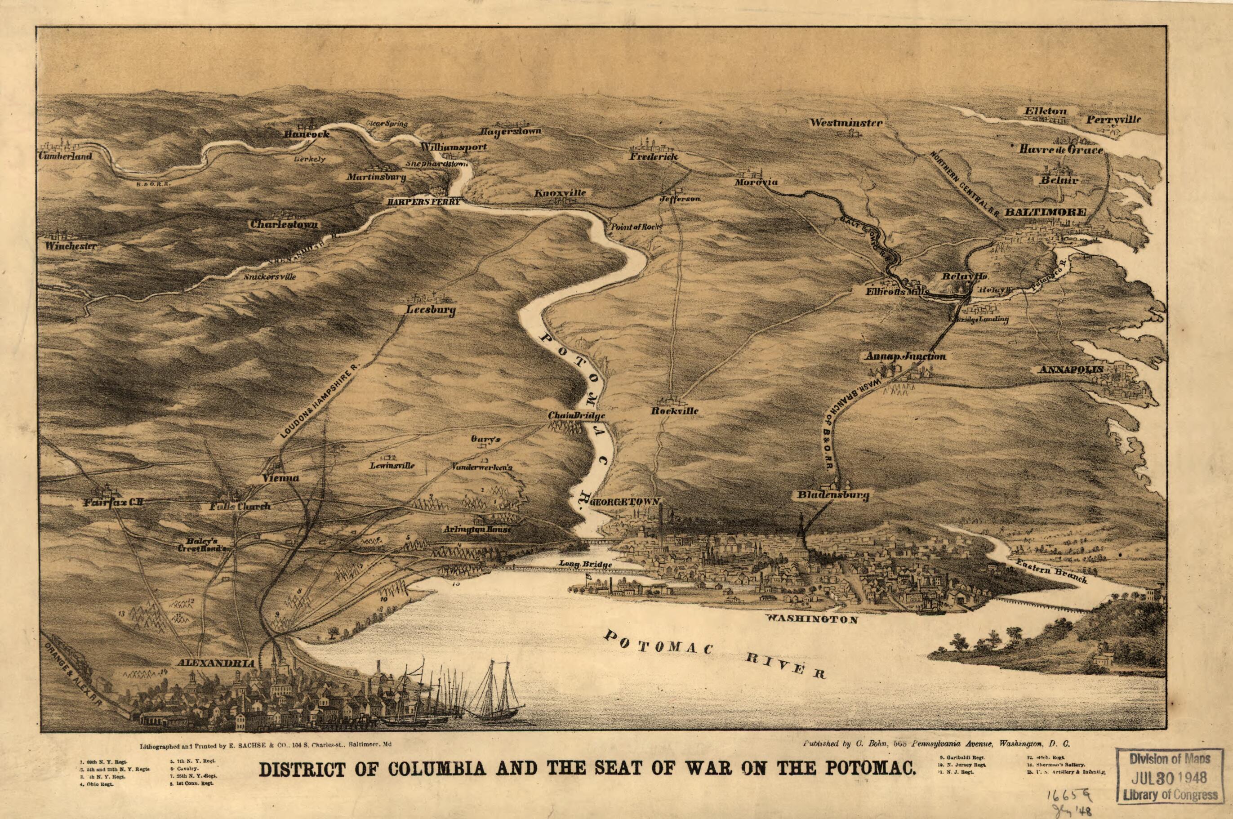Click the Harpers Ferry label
[423, 202]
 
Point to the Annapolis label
[1071, 369]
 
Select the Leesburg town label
[431, 310]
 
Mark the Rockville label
[674, 410]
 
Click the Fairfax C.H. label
[113, 503]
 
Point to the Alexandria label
[216, 663]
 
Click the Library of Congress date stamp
[1172, 777]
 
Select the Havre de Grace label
[1061, 150]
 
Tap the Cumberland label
[65, 156]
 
